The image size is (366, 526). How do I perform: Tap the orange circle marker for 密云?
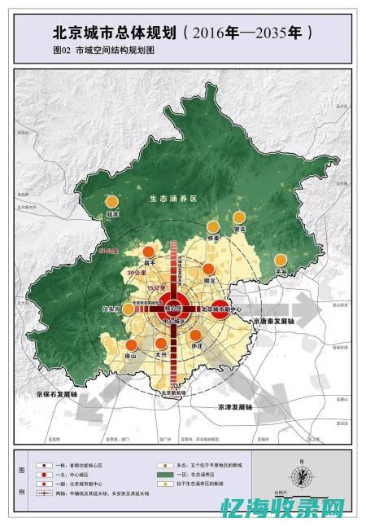[x=239, y=217]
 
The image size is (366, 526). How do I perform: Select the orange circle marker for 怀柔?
[x=213, y=227]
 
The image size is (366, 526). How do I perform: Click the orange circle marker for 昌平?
[x=148, y=252]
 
